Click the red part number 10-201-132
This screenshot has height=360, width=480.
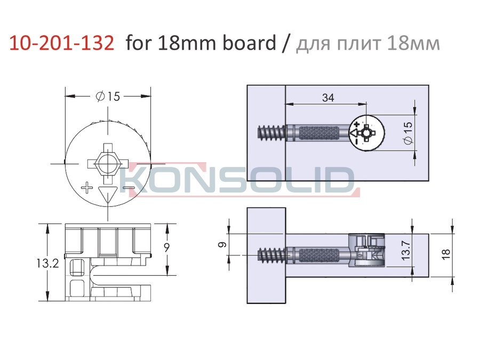coord(61,43)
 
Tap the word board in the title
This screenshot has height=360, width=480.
coord(249,42)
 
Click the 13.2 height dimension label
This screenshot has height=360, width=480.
coord(48,263)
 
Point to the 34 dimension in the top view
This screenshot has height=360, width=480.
coord(328,98)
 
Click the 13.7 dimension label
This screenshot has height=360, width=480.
coord(406,250)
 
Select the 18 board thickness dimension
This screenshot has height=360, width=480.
coord(446,253)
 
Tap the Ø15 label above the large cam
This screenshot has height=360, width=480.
coord(108,97)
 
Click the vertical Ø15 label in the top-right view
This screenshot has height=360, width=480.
coord(408,133)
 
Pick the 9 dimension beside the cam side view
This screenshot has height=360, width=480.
coord(166,247)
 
